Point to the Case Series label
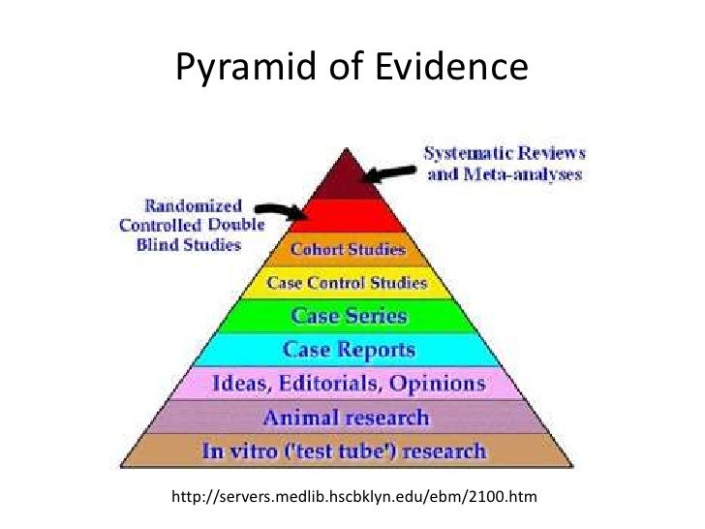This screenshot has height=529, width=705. click(350, 317)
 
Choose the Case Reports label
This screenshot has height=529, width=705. click(349, 349)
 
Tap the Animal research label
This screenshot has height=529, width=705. click(349, 418)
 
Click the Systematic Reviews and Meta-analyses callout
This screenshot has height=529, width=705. click(503, 165)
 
